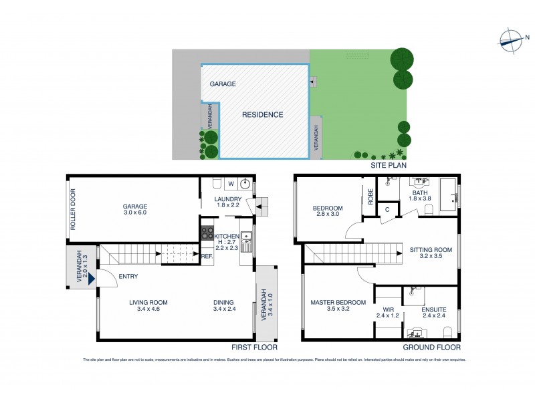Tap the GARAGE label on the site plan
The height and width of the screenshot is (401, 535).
[223, 85]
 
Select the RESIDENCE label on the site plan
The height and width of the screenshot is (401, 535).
[262, 115]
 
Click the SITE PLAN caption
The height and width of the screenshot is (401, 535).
[389, 164]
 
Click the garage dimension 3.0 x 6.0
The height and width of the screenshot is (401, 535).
[134, 213]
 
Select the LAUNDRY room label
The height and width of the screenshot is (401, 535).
[227, 199]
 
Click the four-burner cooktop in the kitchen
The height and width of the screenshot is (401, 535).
[207, 234]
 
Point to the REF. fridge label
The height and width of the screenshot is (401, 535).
[207, 256]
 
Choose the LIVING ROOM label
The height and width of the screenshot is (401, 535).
[148, 303]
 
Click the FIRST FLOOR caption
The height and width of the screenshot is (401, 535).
[254, 348]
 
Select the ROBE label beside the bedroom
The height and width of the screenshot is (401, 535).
[369, 198]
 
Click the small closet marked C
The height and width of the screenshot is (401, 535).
[387, 210]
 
